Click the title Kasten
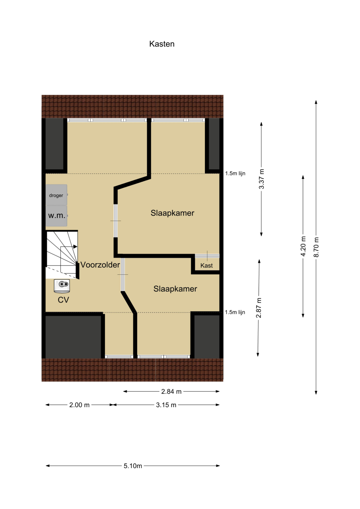click(162, 44)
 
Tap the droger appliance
click(56, 195)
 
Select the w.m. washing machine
click(56, 216)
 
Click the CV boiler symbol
click(62, 286)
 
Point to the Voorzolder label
click(100, 265)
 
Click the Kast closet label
click(206, 265)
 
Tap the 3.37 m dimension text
click(262, 179)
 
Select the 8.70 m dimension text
click(316, 247)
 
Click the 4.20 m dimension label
click(303, 246)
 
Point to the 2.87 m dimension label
click(259, 308)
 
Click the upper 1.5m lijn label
click(235, 173)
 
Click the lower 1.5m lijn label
click(235, 312)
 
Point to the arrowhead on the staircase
click(76, 247)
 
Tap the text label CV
click(63, 300)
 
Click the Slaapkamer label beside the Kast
click(175, 289)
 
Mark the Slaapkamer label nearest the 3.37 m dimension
click(173, 213)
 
